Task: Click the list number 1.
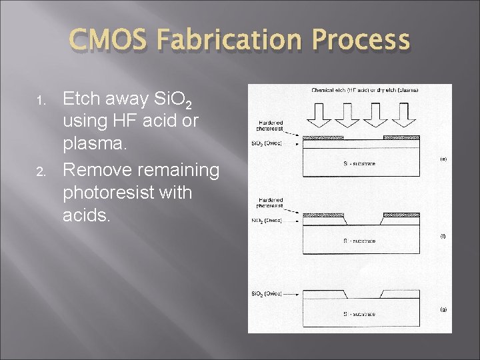pyautogui.click(x=41, y=101)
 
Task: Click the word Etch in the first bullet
pyautogui.click(x=81, y=99)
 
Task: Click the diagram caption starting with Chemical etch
pyautogui.click(x=364, y=90)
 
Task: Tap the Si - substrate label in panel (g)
pyautogui.click(x=359, y=313)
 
